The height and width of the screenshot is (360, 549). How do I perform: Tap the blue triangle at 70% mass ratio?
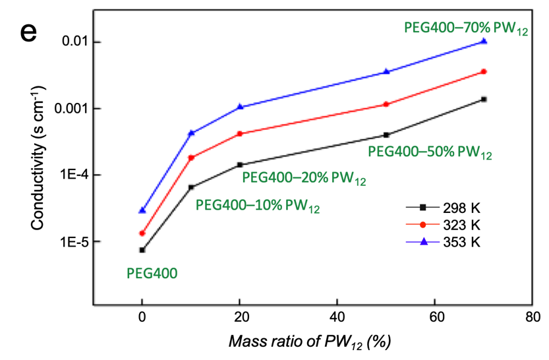click(484, 41)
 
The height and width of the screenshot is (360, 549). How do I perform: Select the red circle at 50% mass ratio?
click(386, 104)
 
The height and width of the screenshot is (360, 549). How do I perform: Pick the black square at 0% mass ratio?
click(142, 250)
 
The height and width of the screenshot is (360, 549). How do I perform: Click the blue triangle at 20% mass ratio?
click(240, 106)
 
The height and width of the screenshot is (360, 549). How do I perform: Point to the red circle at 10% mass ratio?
click(191, 158)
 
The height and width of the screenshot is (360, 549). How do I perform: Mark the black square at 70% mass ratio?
click(484, 99)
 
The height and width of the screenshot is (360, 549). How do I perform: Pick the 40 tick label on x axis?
click(337, 317)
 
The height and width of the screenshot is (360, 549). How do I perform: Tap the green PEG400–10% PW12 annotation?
click(258, 205)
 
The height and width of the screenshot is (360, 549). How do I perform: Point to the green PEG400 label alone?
click(152, 272)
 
